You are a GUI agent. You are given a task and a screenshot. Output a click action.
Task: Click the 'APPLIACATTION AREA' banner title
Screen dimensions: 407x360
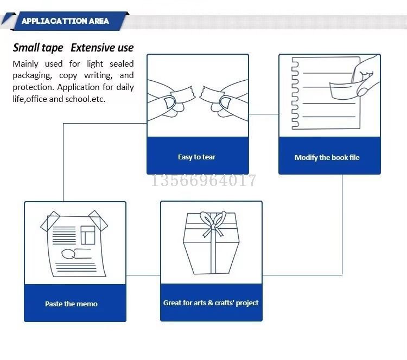coord(65,21)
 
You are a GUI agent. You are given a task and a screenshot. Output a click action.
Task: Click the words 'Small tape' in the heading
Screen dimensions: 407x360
coord(38,48)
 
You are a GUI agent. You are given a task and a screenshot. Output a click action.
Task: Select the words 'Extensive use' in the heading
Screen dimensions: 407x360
coord(102,48)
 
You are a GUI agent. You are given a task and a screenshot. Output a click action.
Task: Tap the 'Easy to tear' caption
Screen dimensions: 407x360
coord(197,157)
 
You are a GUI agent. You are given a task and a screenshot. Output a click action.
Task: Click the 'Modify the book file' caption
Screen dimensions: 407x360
coord(327,157)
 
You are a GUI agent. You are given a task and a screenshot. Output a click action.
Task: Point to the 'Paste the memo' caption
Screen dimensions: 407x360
coord(72,304)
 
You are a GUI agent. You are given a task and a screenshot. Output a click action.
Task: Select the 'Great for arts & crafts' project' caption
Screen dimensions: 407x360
coord(211,303)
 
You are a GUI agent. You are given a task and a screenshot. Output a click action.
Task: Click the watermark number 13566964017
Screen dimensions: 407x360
coord(203,180)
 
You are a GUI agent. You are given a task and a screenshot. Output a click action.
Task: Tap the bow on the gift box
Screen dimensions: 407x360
coord(213,223)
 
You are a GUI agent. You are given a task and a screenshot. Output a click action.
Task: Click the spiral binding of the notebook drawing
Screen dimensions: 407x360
coord(295,93)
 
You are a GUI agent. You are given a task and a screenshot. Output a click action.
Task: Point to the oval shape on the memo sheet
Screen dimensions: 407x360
coord(68,254)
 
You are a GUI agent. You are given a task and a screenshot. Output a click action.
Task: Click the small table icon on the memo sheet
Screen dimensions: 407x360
coord(88,235)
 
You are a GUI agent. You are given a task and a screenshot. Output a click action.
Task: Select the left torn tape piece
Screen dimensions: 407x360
coord(183,94)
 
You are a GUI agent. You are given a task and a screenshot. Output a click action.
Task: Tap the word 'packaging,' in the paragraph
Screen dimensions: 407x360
coord(32,75)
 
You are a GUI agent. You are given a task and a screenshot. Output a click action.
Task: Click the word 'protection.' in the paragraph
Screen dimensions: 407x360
coord(34,87)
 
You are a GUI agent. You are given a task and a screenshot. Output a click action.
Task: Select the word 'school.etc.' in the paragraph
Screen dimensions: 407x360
coord(85,99)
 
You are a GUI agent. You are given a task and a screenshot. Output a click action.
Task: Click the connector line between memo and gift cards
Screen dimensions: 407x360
coord(143,275)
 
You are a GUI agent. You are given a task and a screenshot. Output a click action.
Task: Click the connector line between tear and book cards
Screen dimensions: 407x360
coord(264,114)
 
